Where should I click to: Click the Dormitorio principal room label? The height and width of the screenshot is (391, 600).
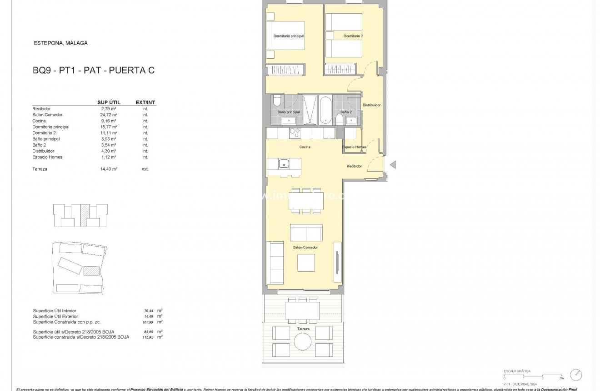(x=288, y=36)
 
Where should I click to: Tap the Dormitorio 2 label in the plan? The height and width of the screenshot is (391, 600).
(x=353, y=36)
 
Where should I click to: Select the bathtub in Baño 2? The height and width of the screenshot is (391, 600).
(x=325, y=109)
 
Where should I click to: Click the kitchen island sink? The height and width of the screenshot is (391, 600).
(x=284, y=163)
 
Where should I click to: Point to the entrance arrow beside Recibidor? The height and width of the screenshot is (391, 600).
(x=393, y=165)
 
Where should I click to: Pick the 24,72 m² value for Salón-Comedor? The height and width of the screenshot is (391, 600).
(x=109, y=115)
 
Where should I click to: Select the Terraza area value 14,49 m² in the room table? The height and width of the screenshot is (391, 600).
(x=109, y=169)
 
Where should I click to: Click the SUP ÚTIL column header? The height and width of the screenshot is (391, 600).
(x=109, y=102)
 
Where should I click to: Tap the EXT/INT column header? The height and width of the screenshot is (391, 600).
(x=145, y=102)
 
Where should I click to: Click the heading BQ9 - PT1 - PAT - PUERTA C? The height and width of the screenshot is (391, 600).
(x=94, y=71)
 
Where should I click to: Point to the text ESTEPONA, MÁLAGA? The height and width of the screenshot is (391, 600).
(x=61, y=43)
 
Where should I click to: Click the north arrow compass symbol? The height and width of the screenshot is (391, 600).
(x=576, y=375)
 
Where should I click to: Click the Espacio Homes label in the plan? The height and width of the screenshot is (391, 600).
(x=354, y=147)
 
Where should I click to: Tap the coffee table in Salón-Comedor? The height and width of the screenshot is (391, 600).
(x=306, y=262)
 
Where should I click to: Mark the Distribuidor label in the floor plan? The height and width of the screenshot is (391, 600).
(x=371, y=105)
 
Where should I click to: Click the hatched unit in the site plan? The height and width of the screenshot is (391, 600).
(x=91, y=271)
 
